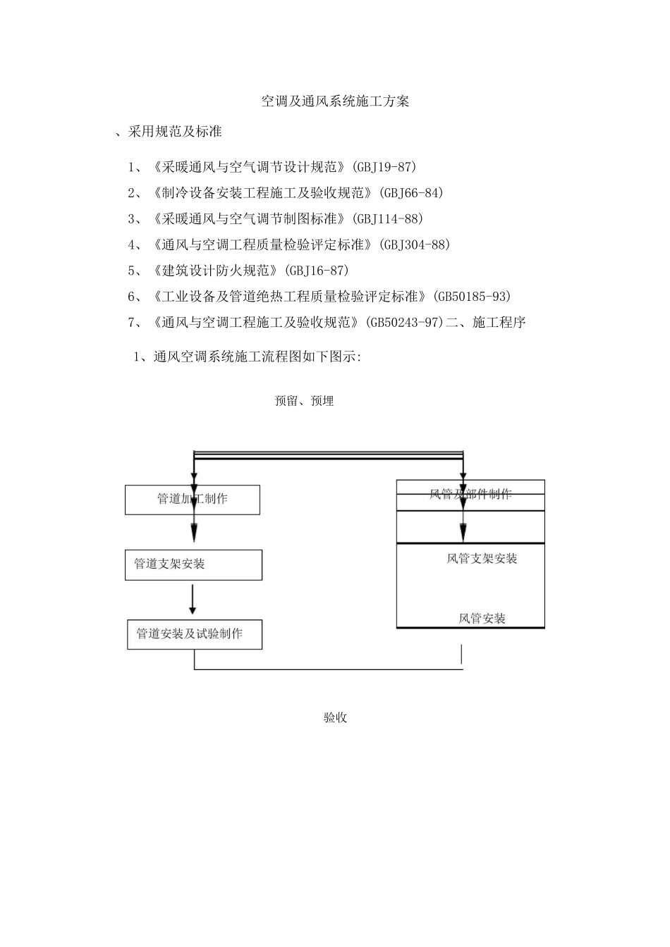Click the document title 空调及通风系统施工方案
pos(335,101)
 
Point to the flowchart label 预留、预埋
pos(304,402)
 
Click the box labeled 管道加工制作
pos(192,500)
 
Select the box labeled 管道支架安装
pos(193,565)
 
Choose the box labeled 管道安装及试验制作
pos(194,634)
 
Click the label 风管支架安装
pos(482,559)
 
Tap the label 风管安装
pos(482,619)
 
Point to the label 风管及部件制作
pos(470,494)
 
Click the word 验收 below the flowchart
pos(335,718)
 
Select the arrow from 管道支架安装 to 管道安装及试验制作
pos(193,600)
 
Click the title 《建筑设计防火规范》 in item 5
pos(216,271)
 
